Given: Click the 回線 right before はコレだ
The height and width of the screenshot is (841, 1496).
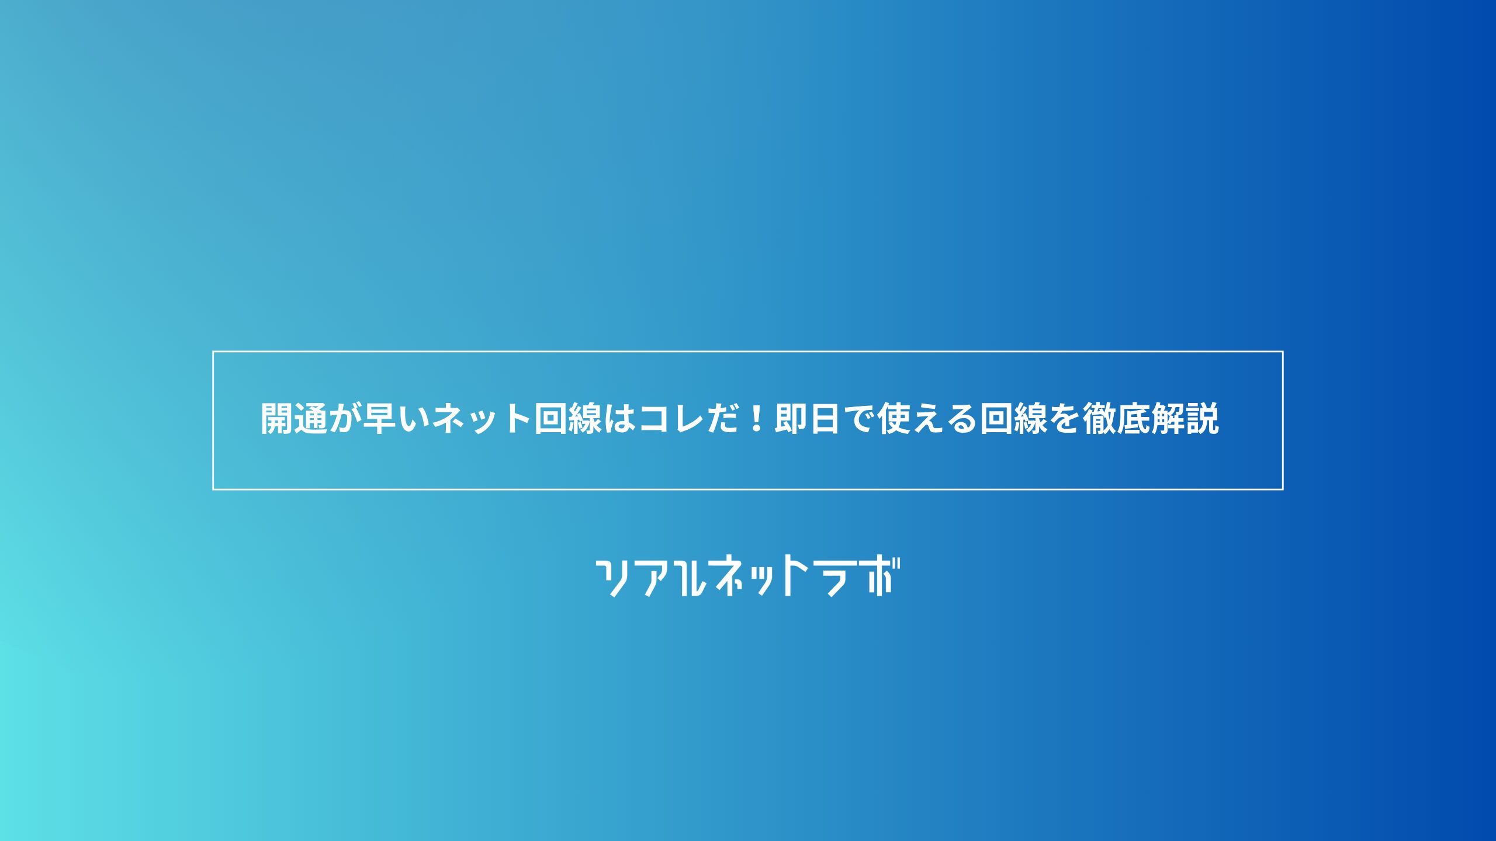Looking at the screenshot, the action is coord(568,419).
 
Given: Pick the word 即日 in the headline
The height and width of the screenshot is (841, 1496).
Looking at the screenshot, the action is coord(808,419).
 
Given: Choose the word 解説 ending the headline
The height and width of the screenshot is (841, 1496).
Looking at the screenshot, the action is coord(1185,419).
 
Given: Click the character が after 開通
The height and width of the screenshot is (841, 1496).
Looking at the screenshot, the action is coord(345,419).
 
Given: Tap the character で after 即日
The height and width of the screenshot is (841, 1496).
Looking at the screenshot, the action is coord(858,419).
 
